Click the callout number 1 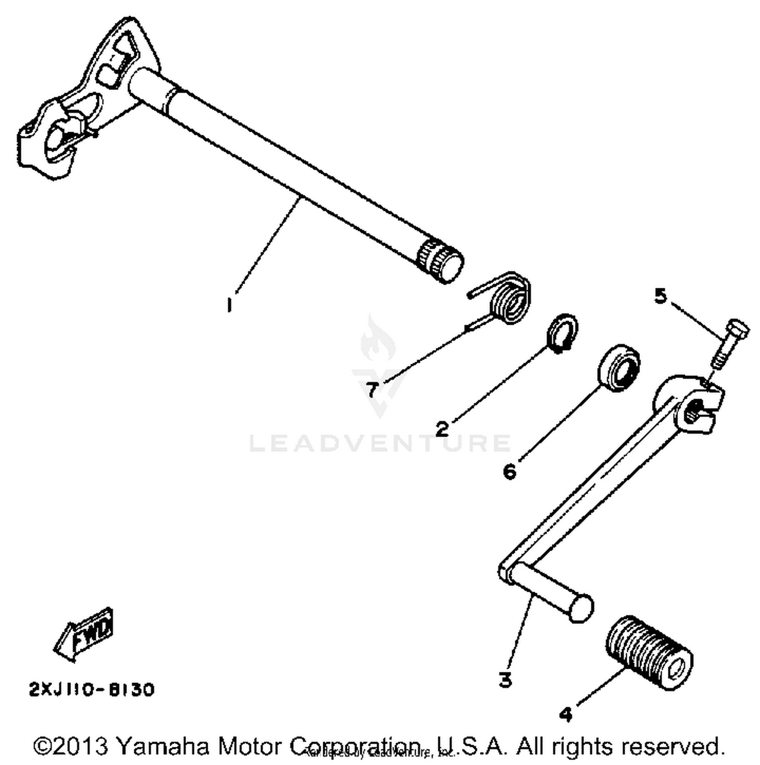pos(230,305)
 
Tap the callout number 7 pos(372,390)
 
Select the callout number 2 pos(442,429)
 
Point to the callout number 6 pos(509,471)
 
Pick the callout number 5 pos(660,295)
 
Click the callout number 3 pos(505,679)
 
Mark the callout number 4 pos(566,714)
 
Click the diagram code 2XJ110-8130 pos(92,690)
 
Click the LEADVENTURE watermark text pos(380,443)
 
